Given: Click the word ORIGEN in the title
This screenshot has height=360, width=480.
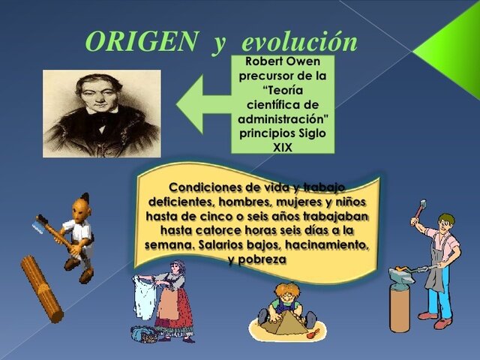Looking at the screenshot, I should [x=140, y=41].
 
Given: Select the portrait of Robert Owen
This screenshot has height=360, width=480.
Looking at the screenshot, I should [x=101, y=112].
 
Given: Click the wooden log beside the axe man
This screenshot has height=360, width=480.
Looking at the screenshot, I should [x=41, y=288].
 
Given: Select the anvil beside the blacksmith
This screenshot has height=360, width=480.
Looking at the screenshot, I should [x=401, y=296].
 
